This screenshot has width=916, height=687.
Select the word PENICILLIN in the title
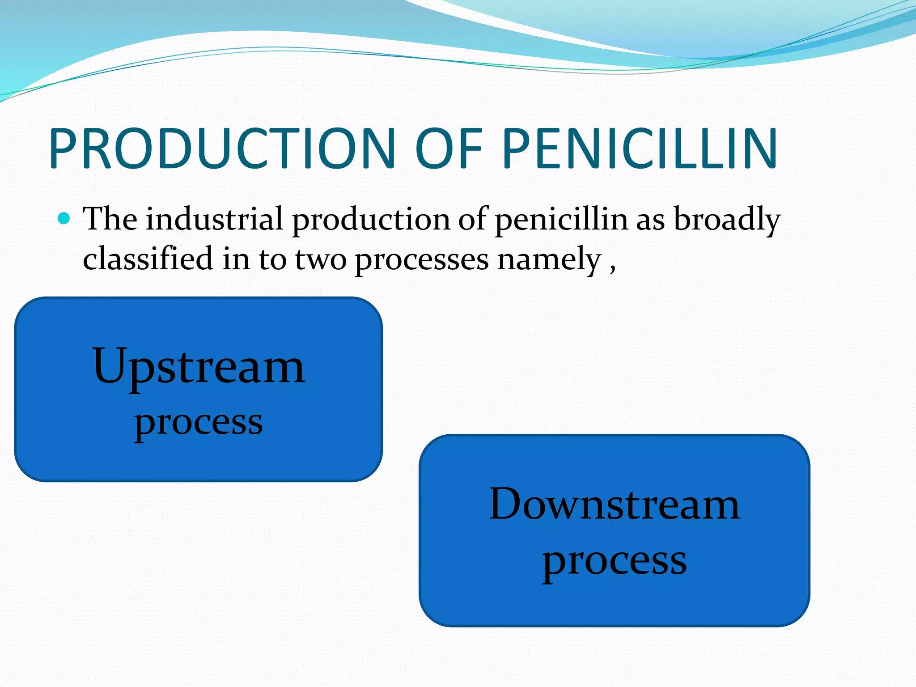tap(640, 149)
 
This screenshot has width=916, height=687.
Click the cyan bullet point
tap(64, 219)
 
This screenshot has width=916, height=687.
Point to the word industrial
tap(214, 219)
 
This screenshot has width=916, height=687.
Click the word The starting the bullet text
tap(110, 219)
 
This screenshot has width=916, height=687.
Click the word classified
tap(148, 259)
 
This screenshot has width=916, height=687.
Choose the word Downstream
tap(615, 505)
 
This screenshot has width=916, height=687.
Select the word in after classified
tap(236, 259)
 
